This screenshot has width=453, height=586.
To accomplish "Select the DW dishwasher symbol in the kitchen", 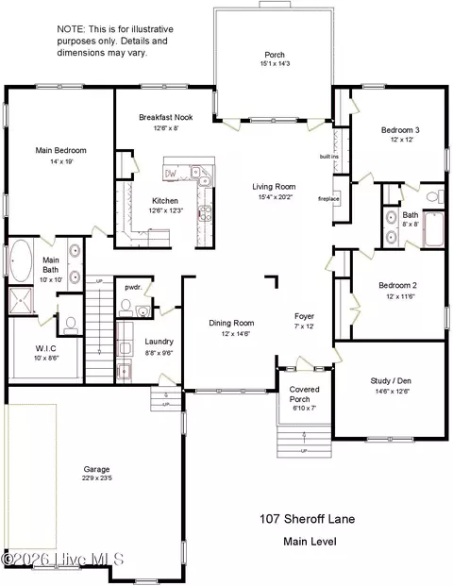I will coord(173,174).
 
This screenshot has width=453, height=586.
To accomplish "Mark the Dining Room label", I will coord(232,323).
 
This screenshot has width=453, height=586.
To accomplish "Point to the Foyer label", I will coord(304,316).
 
